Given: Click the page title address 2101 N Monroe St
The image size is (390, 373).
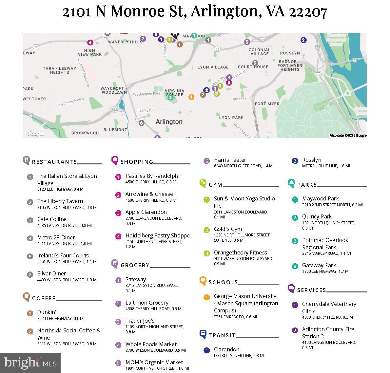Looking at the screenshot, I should [195, 11].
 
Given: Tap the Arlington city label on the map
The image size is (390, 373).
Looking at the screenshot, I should [169, 121].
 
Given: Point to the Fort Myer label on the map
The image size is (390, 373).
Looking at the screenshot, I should [267, 104].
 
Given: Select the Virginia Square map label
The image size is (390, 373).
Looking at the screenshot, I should [174, 93].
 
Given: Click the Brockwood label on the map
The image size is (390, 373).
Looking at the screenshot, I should [85, 133].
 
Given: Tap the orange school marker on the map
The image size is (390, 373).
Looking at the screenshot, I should [191, 97].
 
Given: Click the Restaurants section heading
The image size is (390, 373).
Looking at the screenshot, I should [54, 162].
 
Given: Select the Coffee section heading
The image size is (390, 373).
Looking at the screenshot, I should [44, 298].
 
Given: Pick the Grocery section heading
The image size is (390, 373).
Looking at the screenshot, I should [135, 265].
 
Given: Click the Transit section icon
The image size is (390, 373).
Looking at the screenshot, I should [203, 334].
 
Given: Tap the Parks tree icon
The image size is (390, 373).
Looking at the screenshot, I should [291, 183].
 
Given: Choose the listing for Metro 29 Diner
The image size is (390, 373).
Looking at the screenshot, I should [56, 237].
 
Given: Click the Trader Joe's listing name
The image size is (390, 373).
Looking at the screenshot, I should [140, 321].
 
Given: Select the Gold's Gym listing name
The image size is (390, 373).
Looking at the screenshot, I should [228, 229].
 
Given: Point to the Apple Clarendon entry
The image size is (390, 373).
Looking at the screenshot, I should [146, 212].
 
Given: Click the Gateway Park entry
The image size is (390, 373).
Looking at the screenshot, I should [319, 265].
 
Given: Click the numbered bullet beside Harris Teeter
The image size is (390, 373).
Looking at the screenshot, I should [206, 161].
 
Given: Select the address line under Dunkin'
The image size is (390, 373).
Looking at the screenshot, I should [61, 318].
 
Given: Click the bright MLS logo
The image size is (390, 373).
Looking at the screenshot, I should [30, 363].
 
